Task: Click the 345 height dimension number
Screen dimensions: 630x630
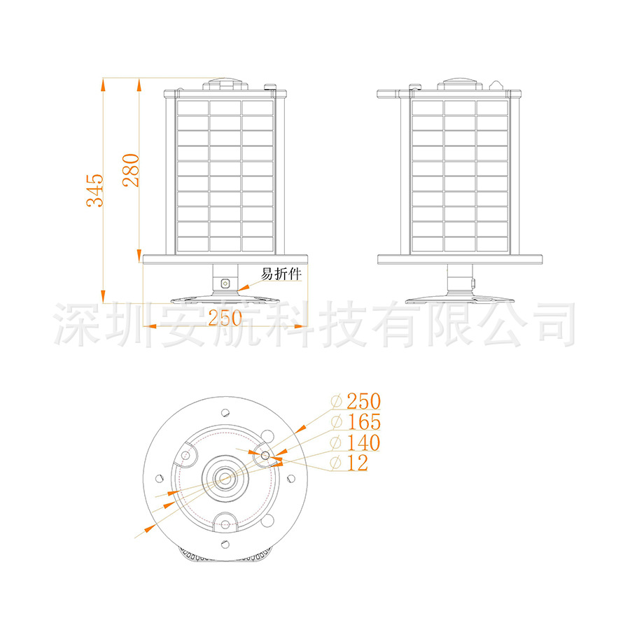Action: pos(95,190)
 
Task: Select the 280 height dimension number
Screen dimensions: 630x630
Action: pos(131,169)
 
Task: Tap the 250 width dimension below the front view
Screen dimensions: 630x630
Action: pos(225,318)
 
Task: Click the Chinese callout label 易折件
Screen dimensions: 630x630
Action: pos(281,274)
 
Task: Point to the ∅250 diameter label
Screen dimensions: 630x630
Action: pos(356,401)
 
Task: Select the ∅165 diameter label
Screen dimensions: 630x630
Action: pos(356,422)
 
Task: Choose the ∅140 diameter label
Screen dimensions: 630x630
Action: pos(356,442)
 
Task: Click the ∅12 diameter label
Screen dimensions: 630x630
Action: pos(349,463)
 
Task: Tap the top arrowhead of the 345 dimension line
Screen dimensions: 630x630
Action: pos(103,85)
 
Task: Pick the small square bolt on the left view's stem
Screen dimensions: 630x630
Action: pos(225,283)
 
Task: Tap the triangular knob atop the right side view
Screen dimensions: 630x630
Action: pos(497,84)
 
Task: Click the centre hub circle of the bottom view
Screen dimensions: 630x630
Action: pos(225,478)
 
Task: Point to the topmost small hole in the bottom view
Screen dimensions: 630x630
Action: pos(225,412)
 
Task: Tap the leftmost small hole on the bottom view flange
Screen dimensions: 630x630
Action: pos(159,478)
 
